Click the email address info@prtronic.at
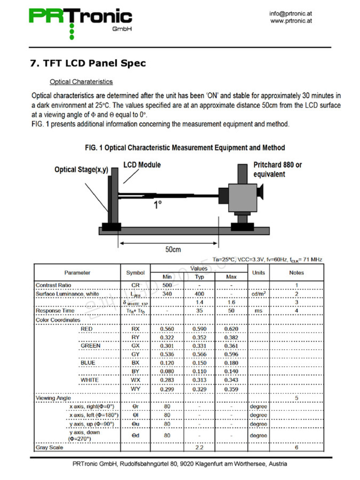click(290, 14)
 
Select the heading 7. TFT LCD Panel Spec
click(88, 63)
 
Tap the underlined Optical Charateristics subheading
click(81, 82)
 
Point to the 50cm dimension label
click(173, 249)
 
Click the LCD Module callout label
click(142, 165)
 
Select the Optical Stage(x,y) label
click(81, 170)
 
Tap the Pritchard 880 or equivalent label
click(277, 169)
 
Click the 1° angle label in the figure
click(158, 204)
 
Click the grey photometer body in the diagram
click(242, 197)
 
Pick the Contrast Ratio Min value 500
click(167, 285)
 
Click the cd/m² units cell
click(258, 294)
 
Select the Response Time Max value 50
click(231, 311)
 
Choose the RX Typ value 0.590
click(199, 329)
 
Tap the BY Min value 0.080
click(167, 371)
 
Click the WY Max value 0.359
click(231, 389)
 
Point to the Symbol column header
click(135, 273)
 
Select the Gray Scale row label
click(49, 447)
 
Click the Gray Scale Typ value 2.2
click(199, 447)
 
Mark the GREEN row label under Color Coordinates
click(91, 346)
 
